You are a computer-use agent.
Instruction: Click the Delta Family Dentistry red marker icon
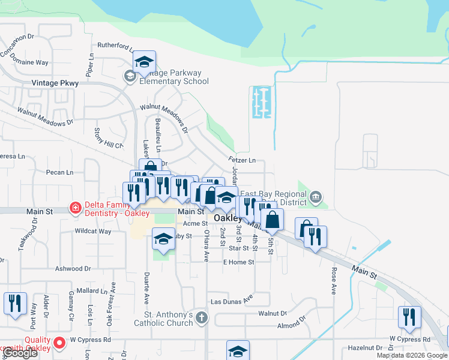75,208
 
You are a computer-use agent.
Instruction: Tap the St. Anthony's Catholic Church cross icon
202,317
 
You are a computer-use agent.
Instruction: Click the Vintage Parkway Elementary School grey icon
130,76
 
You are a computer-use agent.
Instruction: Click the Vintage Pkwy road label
55,83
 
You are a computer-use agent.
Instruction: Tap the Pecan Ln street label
59,172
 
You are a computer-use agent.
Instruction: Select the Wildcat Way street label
92,231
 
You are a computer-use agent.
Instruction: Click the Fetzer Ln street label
242,160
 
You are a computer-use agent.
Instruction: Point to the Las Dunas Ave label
231,299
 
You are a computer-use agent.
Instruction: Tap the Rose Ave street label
333,277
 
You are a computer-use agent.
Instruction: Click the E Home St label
238,262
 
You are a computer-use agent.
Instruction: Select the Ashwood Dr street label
72,269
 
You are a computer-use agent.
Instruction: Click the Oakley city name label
228,219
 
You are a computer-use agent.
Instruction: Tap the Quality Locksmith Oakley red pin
59,343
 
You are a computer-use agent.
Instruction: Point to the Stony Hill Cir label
109,137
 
